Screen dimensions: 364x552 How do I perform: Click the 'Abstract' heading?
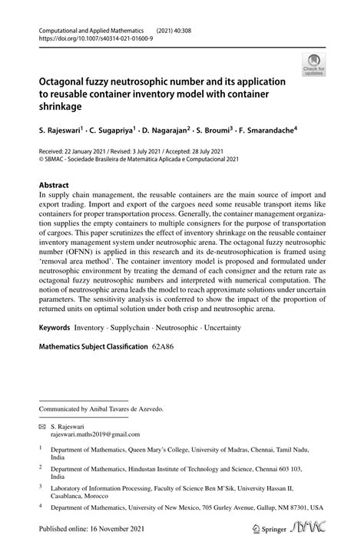54,185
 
